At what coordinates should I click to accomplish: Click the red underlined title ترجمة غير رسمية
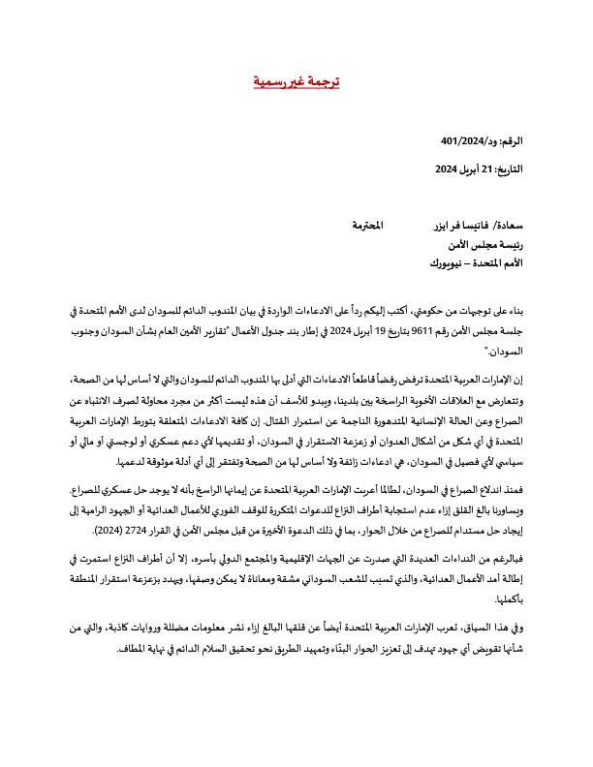click(296, 82)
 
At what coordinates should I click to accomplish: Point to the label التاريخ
click(509, 169)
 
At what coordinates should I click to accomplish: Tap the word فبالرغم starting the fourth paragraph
click(503, 559)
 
